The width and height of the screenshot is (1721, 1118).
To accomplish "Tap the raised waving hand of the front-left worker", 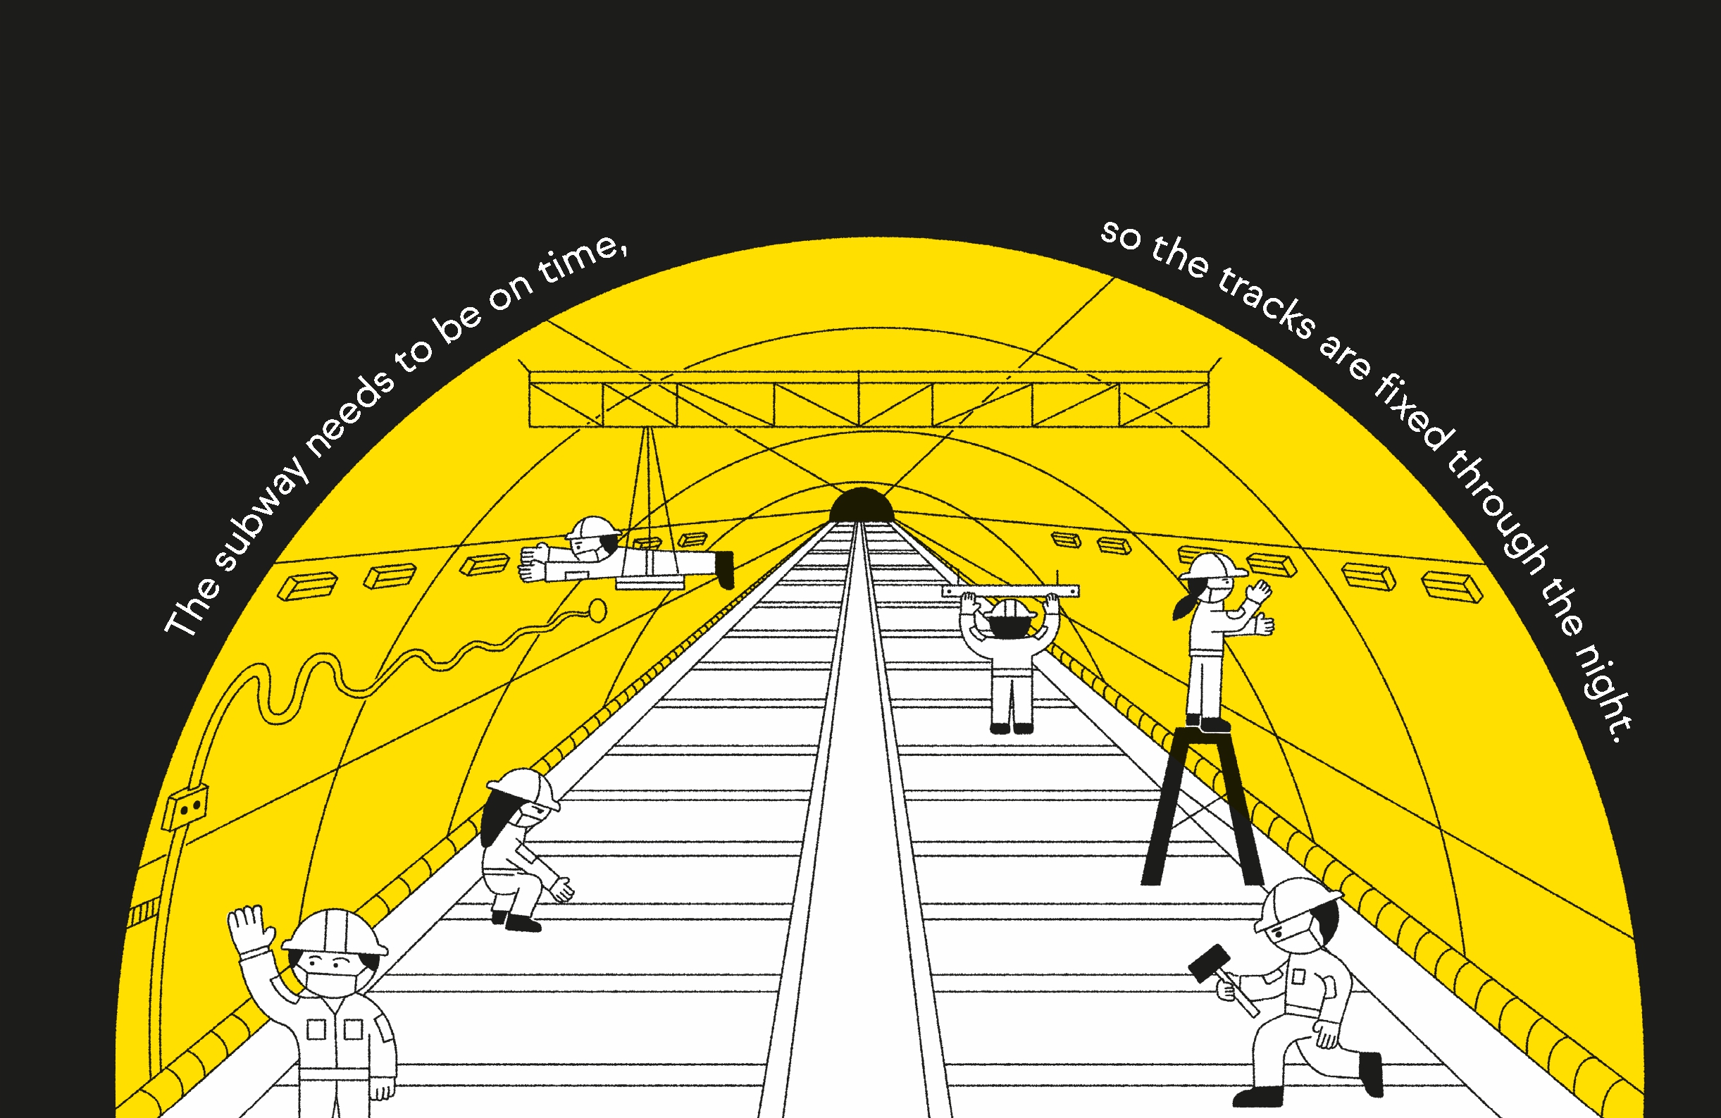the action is point(250,930).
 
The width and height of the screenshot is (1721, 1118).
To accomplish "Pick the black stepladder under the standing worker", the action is point(1203,806).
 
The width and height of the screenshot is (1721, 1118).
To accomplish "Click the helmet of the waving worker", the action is point(335,932).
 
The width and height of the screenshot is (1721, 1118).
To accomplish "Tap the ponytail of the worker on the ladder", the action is point(1183,607).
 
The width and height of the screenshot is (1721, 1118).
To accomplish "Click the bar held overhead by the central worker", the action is point(1010,592).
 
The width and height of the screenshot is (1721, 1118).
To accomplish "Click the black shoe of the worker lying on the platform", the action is point(725,570).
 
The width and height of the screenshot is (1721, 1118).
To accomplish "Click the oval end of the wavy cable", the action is point(597,611).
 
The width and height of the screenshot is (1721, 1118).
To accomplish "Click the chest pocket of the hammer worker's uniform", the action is point(1298,977).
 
